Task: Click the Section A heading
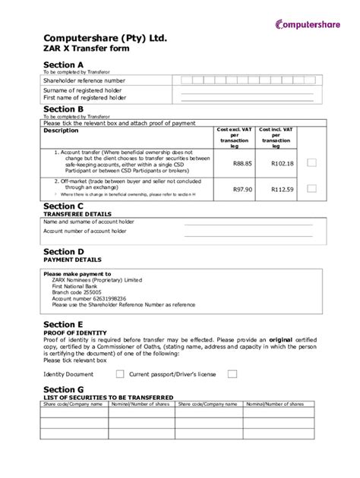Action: coord(64,64)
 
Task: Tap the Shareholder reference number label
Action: coord(84,80)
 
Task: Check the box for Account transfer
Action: coord(311,162)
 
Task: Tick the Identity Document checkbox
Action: coord(120,374)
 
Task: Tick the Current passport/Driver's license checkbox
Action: coord(232,374)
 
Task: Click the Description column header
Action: coord(61,131)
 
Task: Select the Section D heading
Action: coord(64,250)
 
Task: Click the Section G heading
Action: coord(64,389)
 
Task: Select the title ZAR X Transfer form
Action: coord(86,48)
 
